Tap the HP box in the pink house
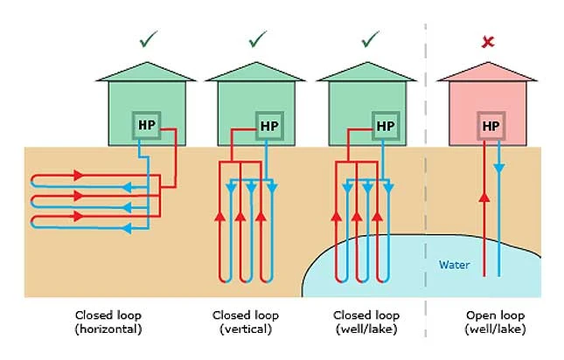coord(491,126)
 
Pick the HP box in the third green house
coord(385,126)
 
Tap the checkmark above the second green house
coord(257,39)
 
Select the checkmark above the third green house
coord(372,39)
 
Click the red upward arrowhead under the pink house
coord(483,197)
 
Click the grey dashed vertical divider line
coord(426,175)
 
